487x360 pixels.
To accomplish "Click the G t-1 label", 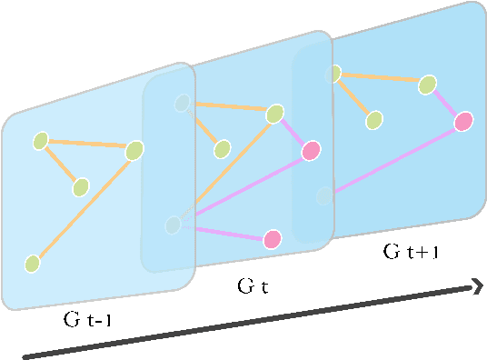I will [88, 319].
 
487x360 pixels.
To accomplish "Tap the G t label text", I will [253, 287].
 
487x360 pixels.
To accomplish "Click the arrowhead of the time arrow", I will [476, 287].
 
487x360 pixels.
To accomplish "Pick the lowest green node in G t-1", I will [33, 264].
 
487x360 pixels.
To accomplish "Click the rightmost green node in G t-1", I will [135, 149].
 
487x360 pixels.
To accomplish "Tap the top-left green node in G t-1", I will [41, 141].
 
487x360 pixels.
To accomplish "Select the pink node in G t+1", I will [462, 121].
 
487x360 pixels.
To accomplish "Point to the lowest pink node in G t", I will [272, 239].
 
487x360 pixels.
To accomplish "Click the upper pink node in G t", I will [311, 150].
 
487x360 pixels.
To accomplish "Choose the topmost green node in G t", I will [274, 115].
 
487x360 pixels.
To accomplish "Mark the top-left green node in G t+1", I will [335, 73].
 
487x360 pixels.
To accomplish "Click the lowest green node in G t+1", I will [373, 120].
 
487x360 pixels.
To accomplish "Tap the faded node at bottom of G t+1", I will [323, 195].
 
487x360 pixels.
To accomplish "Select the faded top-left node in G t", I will [184, 103].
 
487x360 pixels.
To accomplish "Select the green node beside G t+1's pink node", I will [427, 85].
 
